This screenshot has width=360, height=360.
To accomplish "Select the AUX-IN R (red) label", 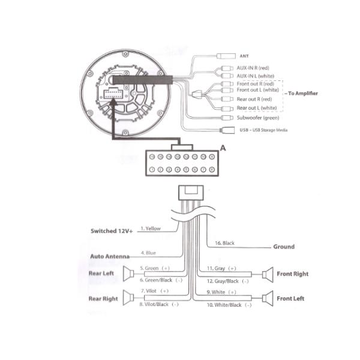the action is (256, 68).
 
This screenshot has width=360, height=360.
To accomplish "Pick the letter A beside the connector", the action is (223, 147).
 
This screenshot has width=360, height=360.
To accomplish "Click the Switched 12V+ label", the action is (112, 230).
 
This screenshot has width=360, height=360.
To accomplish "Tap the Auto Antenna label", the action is (110, 256).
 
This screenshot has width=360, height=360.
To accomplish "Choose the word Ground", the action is (284, 247).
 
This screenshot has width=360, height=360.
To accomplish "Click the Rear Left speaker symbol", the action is (127, 274).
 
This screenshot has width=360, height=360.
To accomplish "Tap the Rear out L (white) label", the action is (257, 108).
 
